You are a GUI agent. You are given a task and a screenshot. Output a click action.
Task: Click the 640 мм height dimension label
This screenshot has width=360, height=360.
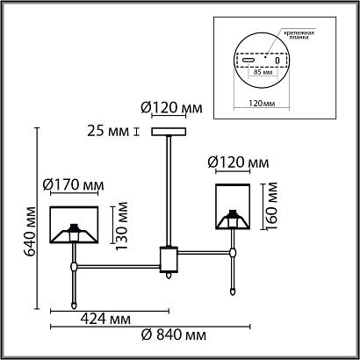(x=30, y=231)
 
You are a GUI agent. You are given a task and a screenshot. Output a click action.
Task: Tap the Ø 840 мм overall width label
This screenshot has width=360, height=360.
(x=174, y=335)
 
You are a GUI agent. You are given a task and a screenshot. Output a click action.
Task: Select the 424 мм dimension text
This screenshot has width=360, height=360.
(x=105, y=319)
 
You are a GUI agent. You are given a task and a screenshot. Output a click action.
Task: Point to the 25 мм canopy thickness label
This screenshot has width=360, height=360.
(x=108, y=132)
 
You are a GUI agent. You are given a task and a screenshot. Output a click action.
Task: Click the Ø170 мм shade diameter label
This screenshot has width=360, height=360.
(x=73, y=185)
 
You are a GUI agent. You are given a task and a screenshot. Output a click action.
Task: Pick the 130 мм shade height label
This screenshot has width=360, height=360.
(x=121, y=226)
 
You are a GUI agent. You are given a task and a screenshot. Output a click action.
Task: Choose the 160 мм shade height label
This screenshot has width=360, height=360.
(x=270, y=206)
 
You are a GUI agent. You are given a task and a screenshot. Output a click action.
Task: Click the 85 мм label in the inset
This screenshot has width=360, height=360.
(x=262, y=72)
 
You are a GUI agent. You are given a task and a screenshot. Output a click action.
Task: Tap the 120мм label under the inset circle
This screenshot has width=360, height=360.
(x=262, y=104)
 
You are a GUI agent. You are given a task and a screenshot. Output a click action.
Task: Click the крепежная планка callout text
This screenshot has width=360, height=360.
(x=299, y=35)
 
